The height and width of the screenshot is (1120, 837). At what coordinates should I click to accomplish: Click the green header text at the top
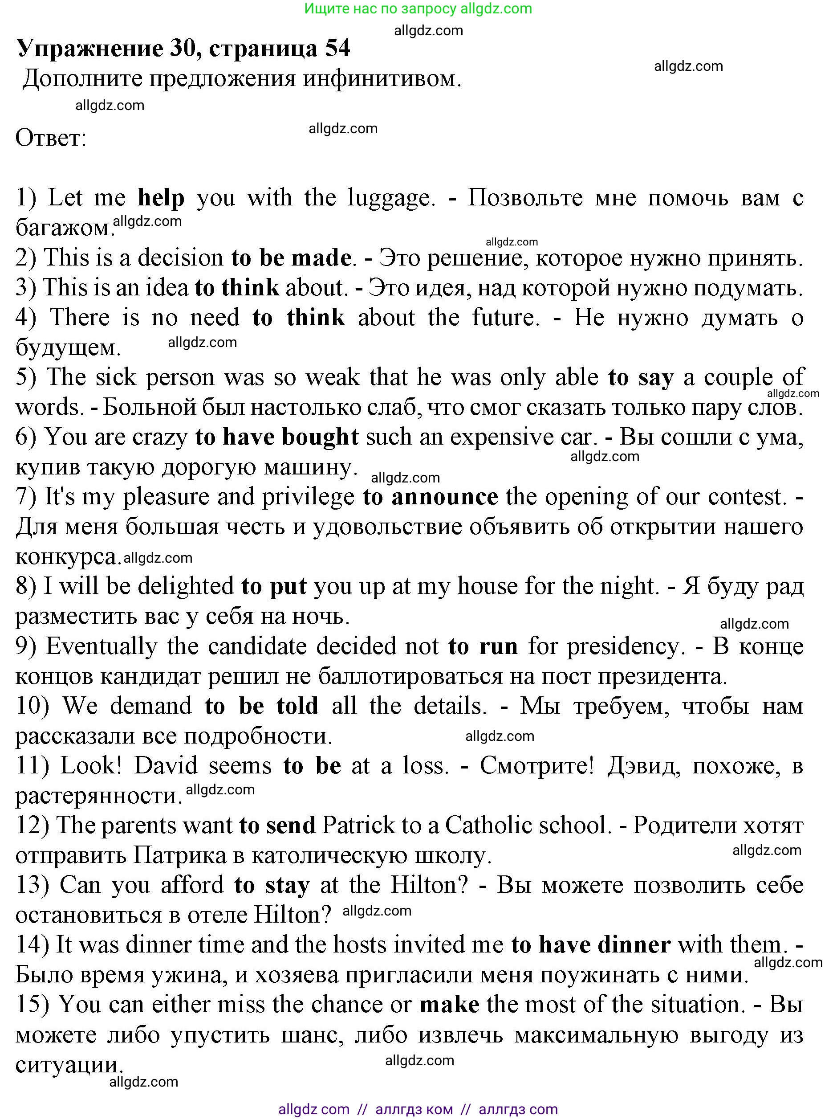[x=418, y=8]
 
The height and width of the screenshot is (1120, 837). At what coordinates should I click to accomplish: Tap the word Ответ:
[x=51, y=138]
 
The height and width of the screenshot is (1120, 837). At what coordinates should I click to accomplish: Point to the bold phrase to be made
[x=291, y=258]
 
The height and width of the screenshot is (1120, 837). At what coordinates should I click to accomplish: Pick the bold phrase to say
[x=641, y=377]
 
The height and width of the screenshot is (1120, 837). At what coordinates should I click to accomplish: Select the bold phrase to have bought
[x=277, y=437]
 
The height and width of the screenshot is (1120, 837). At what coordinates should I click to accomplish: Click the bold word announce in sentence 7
[x=445, y=497]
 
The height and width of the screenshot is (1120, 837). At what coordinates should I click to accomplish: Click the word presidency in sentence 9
[x=626, y=646]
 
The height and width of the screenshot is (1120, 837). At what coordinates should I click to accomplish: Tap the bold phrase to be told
[x=261, y=706]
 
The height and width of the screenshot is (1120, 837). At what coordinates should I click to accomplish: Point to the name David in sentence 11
[x=166, y=765]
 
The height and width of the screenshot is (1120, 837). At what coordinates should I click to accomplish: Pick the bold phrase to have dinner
[x=590, y=945]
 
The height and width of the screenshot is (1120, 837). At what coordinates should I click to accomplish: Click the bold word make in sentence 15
[x=449, y=1005]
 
